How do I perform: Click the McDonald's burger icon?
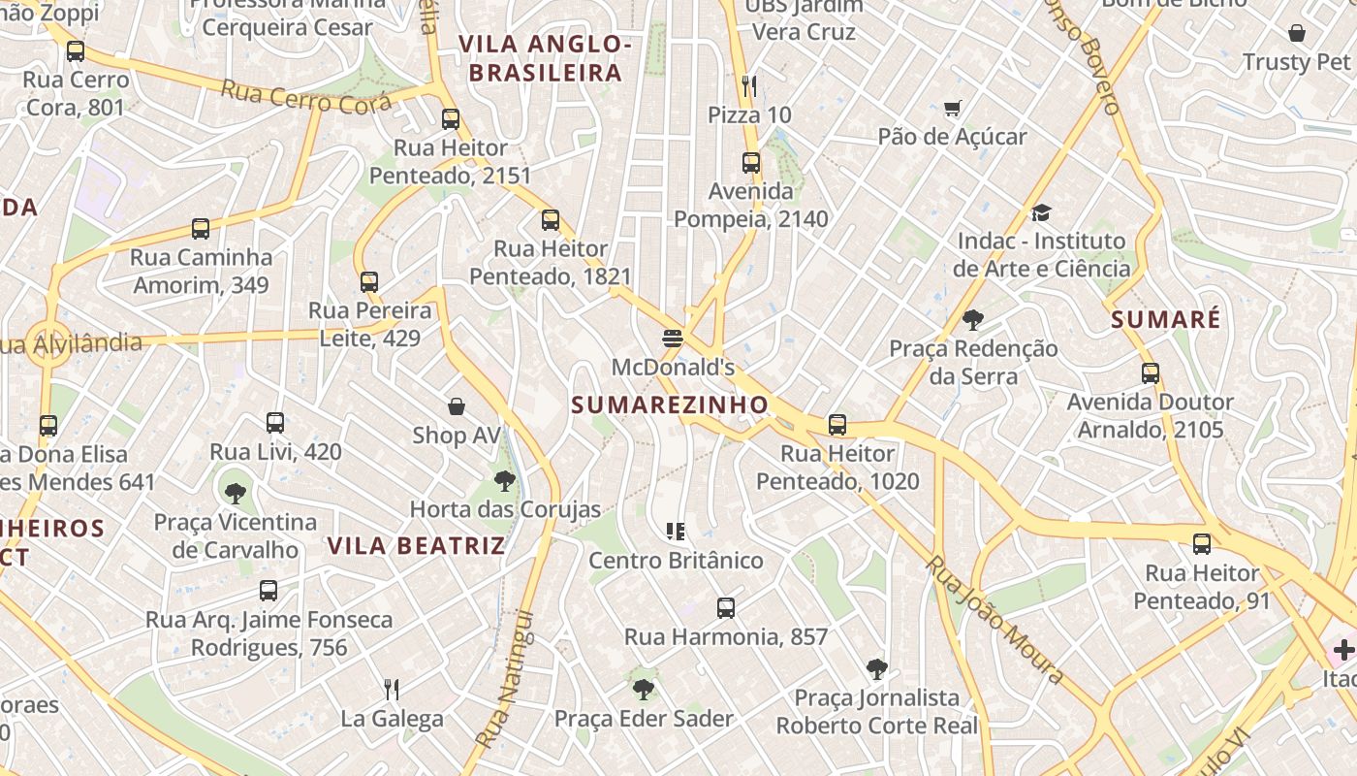pyautogui.click(x=673, y=339)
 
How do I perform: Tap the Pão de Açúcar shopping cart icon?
pyautogui.click(x=952, y=108)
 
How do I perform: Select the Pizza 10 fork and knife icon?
pyautogui.click(x=748, y=86)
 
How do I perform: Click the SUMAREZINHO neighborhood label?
pyautogui.click(x=670, y=404)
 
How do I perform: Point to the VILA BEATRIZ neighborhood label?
pyautogui.click(x=417, y=545)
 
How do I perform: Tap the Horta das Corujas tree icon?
pyautogui.click(x=504, y=480)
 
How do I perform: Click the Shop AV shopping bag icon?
pyautogui.click(x=457, y=405)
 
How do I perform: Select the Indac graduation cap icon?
pyautogui.click(x=1041, y=212)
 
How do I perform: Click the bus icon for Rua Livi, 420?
pyautogui.click(x=275, y=423)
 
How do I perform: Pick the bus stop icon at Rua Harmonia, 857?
pyautogui.click(x=726, y=608)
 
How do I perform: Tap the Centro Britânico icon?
pyautogui.click(x=676, y=531)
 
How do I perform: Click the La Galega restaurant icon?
pyautogui.click(x=392, y=690)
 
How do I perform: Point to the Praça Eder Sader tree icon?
pyautogui.click(x=643, y=690)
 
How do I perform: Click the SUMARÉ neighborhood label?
pyautogui.click(x=1165, y=320)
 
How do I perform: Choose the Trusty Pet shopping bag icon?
pyautogui.click(x=1297, y=33)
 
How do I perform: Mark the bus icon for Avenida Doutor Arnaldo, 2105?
pyautogui.click(x=1151, y=372)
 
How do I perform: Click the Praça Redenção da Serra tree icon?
pyautogui.click(x=973, y=319)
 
